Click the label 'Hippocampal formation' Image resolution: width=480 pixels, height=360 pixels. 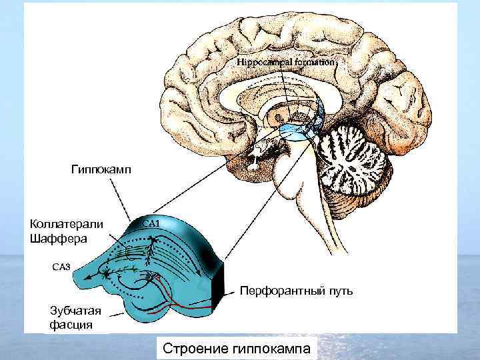click(x=287, y=61)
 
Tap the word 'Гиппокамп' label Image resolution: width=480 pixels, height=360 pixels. click(x=101, y=170)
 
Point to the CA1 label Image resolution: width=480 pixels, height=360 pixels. click(x=149, y=223)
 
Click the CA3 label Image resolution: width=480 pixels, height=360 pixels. click(x=61, y=267)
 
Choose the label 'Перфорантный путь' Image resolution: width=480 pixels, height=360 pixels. click(x=296, y=291)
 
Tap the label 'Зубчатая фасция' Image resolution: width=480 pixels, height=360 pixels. click(x=75, y=317)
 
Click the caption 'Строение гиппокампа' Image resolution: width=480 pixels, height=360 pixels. click(x=236, y=349)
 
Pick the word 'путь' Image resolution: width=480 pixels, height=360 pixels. click(x=337, y=291)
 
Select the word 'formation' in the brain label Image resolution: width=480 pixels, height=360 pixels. click(x=316, y=61)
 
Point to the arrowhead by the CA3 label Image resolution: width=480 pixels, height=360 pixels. click(x=105, y=271)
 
